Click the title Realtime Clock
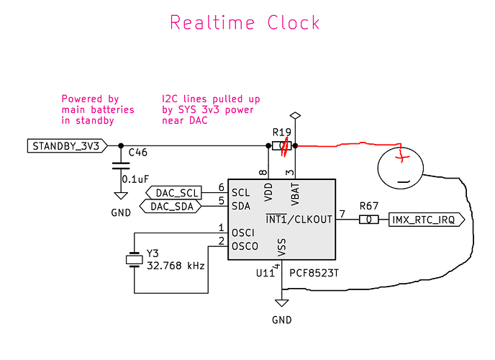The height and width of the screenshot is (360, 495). pyautogui.click(x=245, y=22)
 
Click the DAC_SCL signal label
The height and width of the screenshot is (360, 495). pyautogui.click(x=175, y=192)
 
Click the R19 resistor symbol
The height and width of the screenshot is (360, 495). pyautogui.click(x=283, y=146)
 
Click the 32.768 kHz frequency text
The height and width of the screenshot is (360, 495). pyautogui.click(x=176, y=266)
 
